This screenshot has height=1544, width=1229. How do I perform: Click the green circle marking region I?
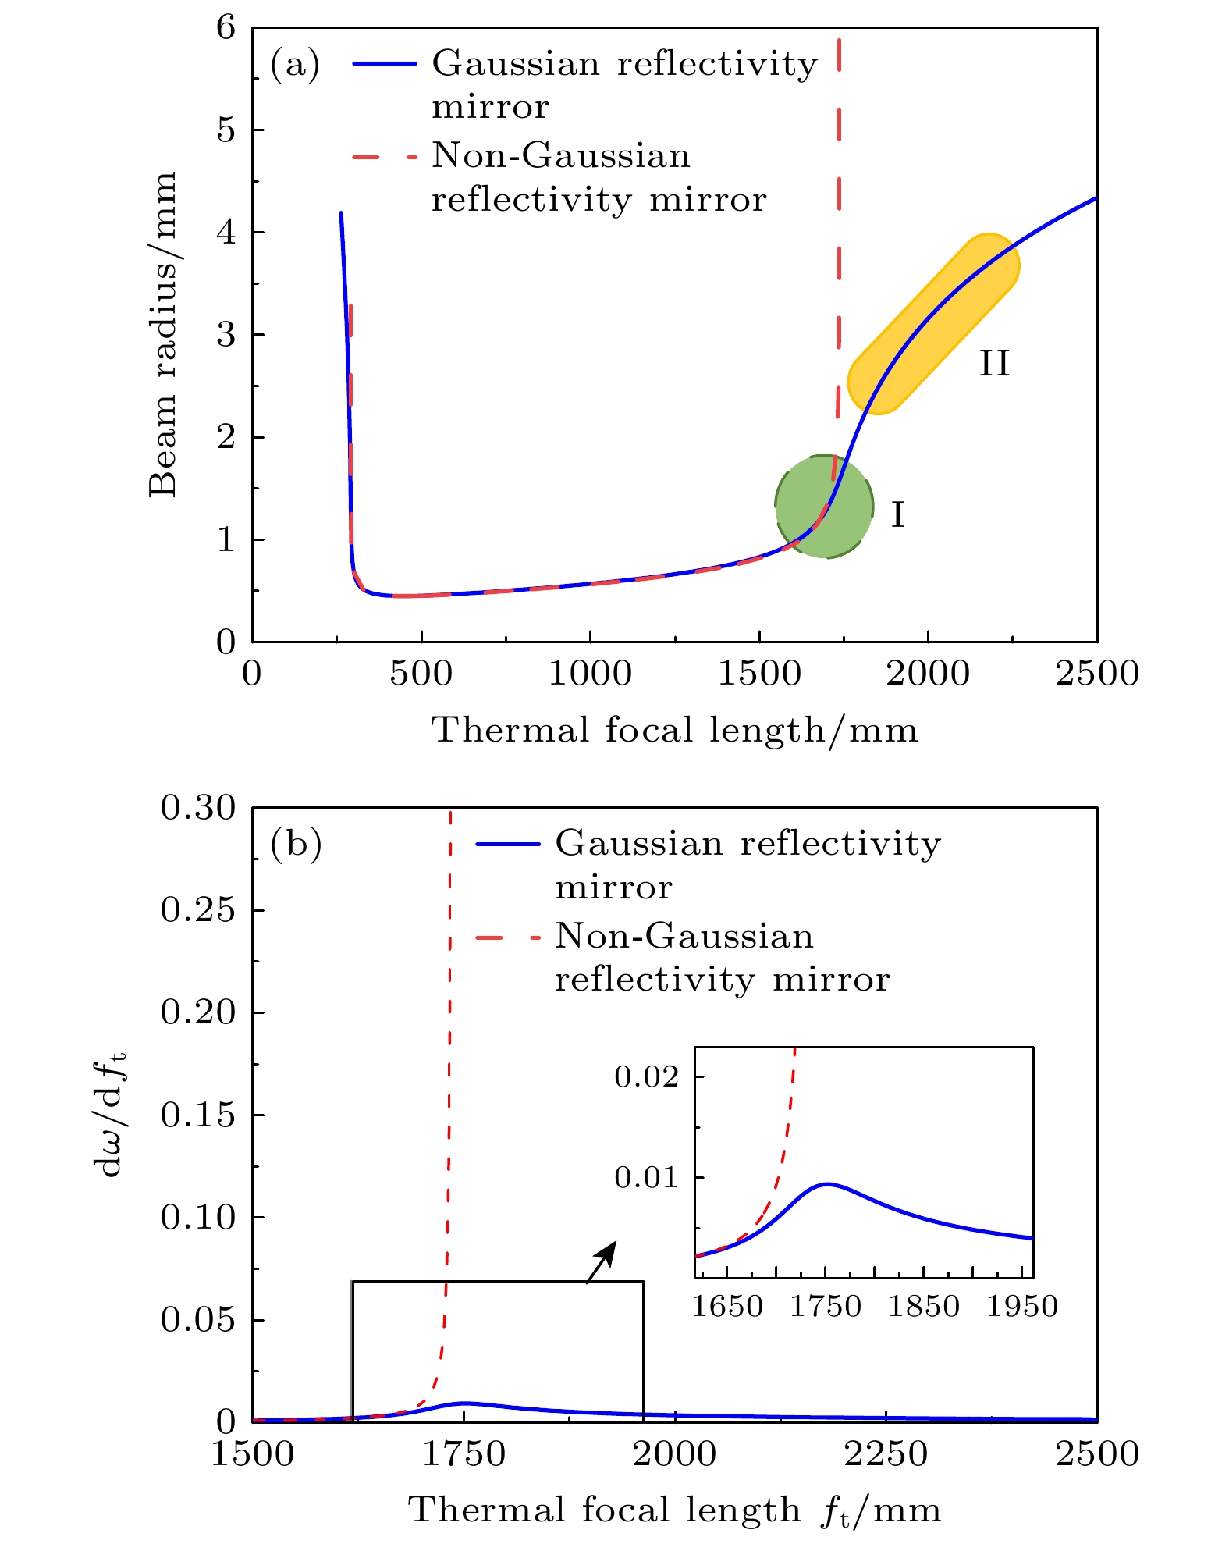[x=824, y=506]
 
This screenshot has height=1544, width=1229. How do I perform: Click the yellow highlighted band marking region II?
[x=933, y=323]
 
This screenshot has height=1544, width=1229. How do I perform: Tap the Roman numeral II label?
[x=994, y=364]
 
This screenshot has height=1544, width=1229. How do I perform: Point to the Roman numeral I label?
[x=897, y=515]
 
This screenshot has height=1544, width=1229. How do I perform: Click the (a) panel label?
[x=295, y=65]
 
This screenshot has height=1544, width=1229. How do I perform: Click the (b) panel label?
[x=296, y=844]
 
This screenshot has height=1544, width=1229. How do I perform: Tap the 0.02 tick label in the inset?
[x=647, y=1077]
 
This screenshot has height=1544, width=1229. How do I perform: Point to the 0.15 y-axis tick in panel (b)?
[x=197, y=1115]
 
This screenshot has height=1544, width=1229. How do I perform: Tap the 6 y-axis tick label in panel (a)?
[x=226, y=28]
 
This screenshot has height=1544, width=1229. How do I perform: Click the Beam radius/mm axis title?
[x=163, y=334]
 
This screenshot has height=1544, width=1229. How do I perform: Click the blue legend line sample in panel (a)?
[x=385, y=64]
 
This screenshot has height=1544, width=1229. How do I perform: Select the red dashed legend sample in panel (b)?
[x=507, y=937]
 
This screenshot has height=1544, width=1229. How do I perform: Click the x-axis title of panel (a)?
[x=674, y=731]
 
